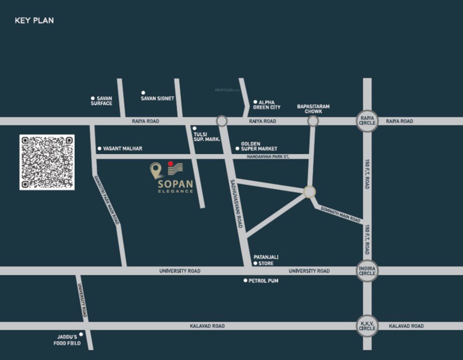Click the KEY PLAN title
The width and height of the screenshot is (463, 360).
(x=34, y=21)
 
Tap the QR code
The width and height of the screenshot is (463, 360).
(x=47, y=162)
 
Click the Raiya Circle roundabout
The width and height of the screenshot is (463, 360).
(x=367, y=121)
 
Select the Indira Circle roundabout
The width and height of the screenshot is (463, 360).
(x=367, y=270)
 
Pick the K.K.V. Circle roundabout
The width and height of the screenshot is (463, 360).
(x=367, y=326)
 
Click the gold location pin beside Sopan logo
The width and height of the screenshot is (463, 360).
(x=156, y=170)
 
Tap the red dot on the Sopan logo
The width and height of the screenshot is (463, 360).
(x=171, y=164)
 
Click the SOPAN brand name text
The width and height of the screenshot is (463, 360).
(x=175, y=184)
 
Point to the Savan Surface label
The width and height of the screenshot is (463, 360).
(x=102, y=101)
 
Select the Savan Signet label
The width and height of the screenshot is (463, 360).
(x=157, y=98)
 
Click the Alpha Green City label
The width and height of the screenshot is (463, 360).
(x=266, y=105)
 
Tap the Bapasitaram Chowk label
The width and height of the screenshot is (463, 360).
(x=313, y=109)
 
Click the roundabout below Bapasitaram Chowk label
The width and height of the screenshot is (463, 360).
(x=313, y=121)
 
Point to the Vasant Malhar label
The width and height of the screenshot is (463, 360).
(x=122, y=149)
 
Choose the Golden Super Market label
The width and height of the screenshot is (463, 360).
(x=259, y=146)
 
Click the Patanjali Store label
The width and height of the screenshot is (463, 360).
(x=264, y=260)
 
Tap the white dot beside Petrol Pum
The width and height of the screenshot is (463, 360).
(x=245, y=280)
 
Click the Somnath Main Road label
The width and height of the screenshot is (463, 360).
(x=341, y=214)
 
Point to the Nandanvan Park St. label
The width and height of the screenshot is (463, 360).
(x=268, y=157)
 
